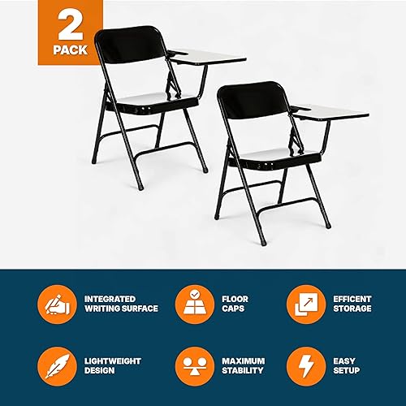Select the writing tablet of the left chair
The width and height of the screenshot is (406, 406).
point(209,59)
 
